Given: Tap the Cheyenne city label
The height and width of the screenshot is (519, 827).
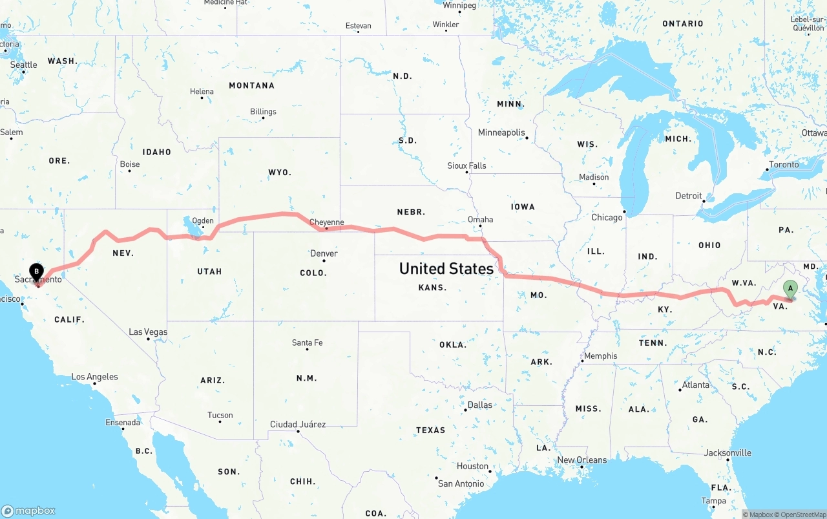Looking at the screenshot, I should click(326, 222).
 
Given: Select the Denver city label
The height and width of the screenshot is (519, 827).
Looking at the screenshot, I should click(324, 253).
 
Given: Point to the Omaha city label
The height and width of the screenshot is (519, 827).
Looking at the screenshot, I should click(480, 220).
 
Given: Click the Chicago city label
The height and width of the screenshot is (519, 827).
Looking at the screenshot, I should click(607, 218).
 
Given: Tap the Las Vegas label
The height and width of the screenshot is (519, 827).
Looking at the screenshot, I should click(148, 332).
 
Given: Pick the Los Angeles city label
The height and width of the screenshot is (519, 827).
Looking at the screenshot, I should click(94, 377).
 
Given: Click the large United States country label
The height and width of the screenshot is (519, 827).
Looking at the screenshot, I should click(446, 268).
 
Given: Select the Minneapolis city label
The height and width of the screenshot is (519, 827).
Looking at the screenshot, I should click(501, 132).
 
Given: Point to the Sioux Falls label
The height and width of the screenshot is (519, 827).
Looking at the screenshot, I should click(466, 166).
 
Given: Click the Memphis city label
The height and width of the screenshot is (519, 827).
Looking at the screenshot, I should click(600, 356).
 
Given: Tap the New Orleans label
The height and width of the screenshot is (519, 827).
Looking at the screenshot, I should click(581, 460).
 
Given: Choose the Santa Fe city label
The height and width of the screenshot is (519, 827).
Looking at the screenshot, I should click(307, 343).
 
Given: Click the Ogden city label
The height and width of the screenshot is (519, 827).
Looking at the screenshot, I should click(203, 220).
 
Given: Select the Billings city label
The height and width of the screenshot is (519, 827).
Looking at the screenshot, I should click(263, 112).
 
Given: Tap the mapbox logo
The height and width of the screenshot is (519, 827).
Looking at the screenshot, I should click(28, 511).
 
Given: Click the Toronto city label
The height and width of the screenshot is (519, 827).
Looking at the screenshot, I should click(784, 165).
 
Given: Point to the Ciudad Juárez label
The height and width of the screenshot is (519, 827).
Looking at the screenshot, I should click(298, 425).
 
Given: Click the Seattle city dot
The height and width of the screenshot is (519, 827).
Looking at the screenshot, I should click(24, 71).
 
